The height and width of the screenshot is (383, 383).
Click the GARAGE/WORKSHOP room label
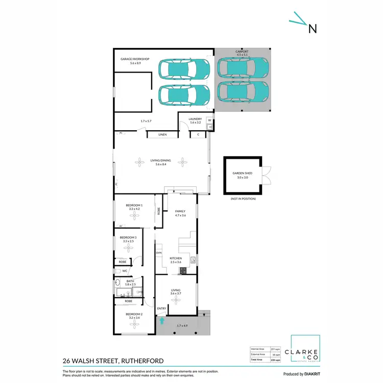pyautogui.click(x=135, y=59)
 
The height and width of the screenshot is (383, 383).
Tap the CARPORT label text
pyautogui.click(x=243, y=52)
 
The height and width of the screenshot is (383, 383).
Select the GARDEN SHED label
pyautogui.click(x=243, y=174)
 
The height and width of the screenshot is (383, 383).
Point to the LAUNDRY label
pyautogui.click(x=196, y=119)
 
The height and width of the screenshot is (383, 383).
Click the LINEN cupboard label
pyautogui.click(x=162, y=135)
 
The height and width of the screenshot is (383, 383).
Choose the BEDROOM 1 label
pyautogui.click(x=135, y=205)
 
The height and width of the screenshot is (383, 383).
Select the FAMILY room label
pyautogui.click(x=180, y=211)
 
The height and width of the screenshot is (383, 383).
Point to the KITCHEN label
pyautogui.click(x=176, y=258)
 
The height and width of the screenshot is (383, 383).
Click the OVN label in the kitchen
pyautogui.click(x=158, y=252)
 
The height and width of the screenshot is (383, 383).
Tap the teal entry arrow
pyautogui.click(x=162, y=321)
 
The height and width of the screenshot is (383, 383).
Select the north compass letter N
pyautogui.click(x=312, y=29)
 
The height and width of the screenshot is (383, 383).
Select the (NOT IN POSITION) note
pyautogui.click(x=243, y=199)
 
